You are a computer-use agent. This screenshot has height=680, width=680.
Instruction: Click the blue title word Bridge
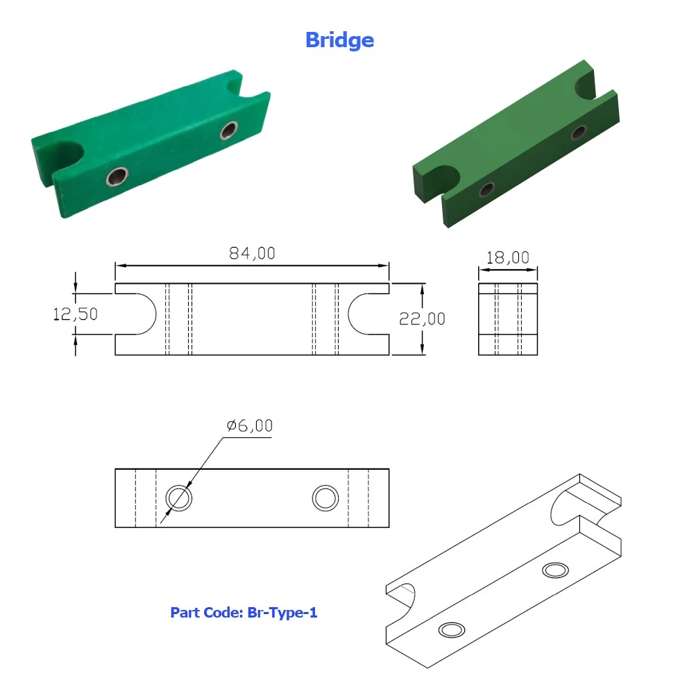click(339, 40)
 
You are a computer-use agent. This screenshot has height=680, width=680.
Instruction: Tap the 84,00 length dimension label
click(252, 253)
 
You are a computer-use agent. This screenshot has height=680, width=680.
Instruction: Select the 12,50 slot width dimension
click(75, 314)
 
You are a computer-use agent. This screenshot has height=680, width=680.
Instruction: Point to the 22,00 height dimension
click(422, 319)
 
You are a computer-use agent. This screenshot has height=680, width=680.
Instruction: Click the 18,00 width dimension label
click(508, 257)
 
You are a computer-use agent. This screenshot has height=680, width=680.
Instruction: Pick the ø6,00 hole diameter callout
click(249, 426)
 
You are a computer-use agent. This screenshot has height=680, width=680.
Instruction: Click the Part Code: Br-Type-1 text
click(244, 612)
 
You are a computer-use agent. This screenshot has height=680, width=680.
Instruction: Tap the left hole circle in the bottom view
click(179, 498)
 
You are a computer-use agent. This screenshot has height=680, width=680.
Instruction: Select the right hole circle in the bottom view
click(325, 498)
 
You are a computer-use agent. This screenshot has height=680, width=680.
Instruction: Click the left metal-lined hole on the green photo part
click(117, 176)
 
